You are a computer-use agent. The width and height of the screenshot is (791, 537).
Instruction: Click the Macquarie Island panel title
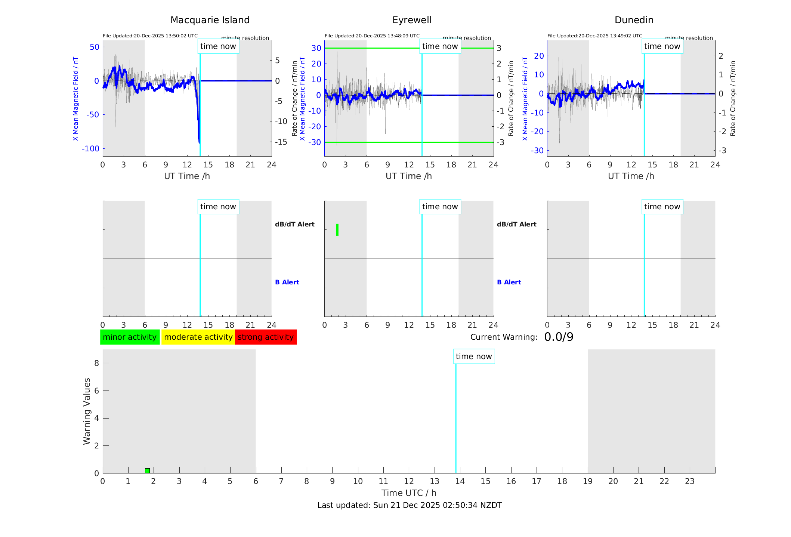click(x=210, y=20)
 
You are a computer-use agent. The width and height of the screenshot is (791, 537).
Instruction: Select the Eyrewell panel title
click(x=412, y=20)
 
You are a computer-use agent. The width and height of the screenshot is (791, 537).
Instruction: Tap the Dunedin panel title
click(x=634, y=20)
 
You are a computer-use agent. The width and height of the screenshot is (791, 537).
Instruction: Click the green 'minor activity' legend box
click(x=130, y=337)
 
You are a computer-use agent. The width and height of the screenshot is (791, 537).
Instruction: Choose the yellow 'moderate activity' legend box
click(x=198, y=337)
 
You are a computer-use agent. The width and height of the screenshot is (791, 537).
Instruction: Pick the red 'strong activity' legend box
click(x=266, y=337)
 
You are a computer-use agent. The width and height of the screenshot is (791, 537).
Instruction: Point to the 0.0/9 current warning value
click(x=559, y=337)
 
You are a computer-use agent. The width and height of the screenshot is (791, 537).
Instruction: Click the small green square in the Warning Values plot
click(x=147, y=470)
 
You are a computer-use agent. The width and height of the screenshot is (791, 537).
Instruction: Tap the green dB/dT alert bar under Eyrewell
click(x=337, y=230)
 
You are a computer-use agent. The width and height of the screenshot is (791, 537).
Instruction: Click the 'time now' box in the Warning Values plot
click(x=474, y=357)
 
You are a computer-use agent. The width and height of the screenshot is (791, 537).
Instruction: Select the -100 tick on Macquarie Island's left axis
click(x=91, y=149)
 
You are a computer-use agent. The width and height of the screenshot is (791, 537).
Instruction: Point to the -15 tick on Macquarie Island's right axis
click(x=281, y=142)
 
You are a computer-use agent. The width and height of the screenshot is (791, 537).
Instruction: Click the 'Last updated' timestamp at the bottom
click(x=410, y=505)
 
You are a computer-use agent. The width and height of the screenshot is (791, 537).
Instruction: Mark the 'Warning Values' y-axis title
click(x=87, y=411)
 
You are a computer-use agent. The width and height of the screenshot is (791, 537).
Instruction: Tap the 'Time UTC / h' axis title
click(x=409, y=493)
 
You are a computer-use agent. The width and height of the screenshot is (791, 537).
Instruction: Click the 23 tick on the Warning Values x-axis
click(x=689, y=481)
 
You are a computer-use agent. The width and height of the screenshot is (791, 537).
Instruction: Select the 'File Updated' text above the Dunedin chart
click(x=594, y=36)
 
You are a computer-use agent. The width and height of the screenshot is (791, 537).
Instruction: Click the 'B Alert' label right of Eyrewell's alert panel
click(x=509, y=282)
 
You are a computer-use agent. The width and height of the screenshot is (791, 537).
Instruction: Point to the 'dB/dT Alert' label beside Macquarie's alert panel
click(x=294, y=224)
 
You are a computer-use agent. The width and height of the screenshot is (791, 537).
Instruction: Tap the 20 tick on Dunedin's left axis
click(x=539, y=56)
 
